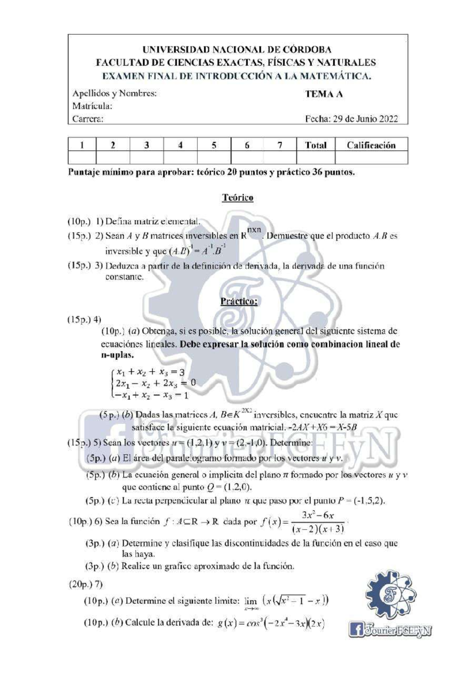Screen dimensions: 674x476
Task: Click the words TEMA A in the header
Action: (x=324, y=94)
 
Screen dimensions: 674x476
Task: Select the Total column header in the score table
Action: (x=315, y=145)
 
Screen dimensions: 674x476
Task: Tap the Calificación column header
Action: (x=371, y=145)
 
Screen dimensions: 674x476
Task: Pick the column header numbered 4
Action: (x=180, y=145)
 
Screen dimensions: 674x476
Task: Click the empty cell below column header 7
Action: (x=280, y=158)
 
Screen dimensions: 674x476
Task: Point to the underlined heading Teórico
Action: (x=238, y=198)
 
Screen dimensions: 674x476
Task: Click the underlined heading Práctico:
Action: (x=239, y=301)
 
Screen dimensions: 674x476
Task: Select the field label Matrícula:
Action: (x=92, y=106)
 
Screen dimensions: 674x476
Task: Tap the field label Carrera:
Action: (x=88, y=119)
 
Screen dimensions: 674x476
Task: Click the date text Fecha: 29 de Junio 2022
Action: (x=351, y=119)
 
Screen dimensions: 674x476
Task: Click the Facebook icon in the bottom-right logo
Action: (x=356, y=630)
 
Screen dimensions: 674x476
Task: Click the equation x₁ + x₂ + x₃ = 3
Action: (x=150, y=372)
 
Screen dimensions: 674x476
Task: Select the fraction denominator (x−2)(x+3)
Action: (x=318, y=529)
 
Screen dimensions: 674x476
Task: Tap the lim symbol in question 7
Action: (x=251, y=601)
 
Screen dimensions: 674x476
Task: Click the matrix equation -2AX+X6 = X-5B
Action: (x=323, y=428)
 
